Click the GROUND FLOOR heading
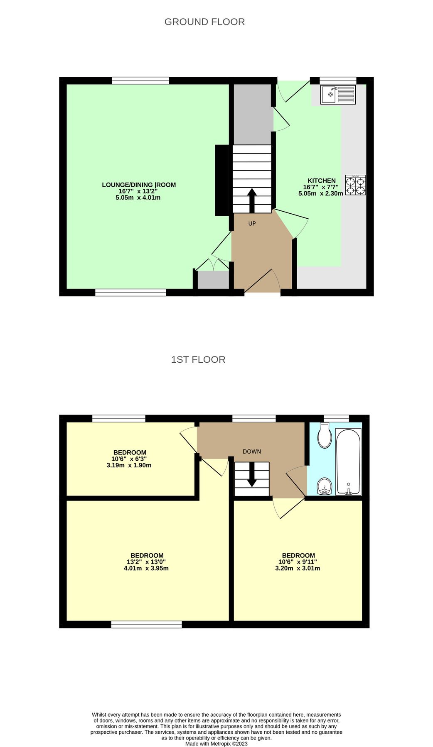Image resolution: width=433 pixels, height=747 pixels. coord(204,22)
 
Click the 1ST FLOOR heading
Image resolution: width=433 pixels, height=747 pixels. coord(198,360)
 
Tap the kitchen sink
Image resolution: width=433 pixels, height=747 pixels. coord(338,95)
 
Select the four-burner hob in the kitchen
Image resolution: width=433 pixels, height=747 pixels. coord(355,185)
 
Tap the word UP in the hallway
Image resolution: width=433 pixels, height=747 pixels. coord(252,224)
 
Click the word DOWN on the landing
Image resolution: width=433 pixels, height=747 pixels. coord(252,452)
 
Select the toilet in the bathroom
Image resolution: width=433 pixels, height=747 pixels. coord(324,435)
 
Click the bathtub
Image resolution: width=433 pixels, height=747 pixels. coord(348,461)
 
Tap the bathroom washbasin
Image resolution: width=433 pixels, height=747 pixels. coord(324,486)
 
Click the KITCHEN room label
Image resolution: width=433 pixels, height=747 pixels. coord(322,181)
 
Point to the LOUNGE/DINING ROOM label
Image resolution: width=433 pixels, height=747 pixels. coord(139,185)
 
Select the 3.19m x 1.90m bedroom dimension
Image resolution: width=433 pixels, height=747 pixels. coord(129,466)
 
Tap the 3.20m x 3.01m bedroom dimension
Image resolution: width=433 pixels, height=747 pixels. coord(298,569)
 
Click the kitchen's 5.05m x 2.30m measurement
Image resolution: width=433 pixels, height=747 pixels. coord(321,193)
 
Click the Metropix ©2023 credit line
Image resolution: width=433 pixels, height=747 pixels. coord(216,744)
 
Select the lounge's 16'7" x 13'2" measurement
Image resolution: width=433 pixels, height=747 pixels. coord(138,191)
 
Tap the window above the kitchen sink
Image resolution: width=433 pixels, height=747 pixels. coord(338,80)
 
